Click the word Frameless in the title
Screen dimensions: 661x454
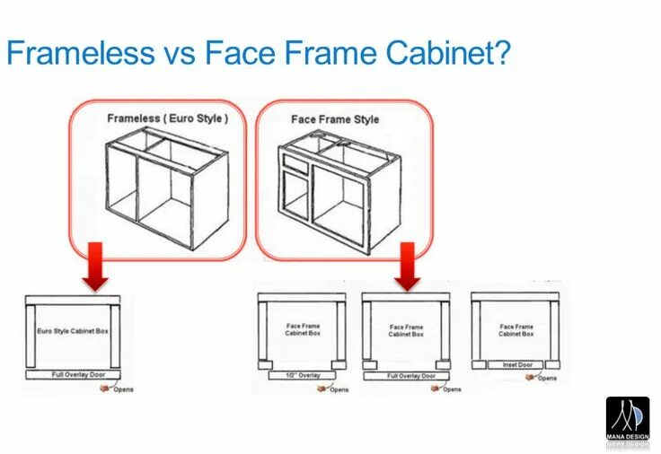81,53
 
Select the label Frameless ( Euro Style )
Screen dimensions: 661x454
168,118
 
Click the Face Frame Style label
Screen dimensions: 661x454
335,119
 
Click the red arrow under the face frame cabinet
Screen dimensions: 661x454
408,266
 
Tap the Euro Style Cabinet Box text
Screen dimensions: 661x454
73,331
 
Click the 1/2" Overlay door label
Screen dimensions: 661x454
303,375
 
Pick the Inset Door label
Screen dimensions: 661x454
516,365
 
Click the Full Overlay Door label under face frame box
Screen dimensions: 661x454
410,376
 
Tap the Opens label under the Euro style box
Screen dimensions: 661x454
123,389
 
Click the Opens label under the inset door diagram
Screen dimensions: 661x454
546,378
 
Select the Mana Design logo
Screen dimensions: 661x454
627,420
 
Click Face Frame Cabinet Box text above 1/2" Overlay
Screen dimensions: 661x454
303,329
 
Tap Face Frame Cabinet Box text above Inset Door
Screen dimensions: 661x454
516,330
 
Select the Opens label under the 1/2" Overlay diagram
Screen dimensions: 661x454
339,389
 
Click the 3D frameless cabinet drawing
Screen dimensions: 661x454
167,184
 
